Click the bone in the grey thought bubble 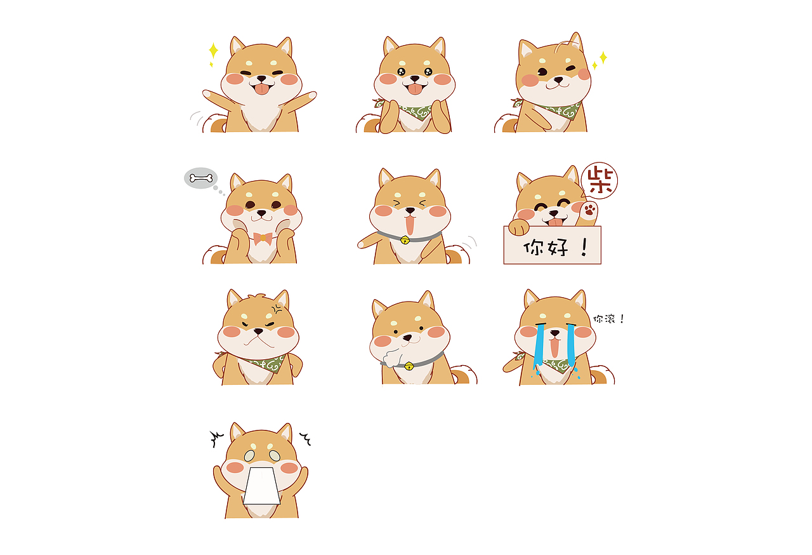(201, 178)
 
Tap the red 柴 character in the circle (600, 180)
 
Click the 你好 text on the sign (546, 248)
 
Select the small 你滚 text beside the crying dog (604, 319)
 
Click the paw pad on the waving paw (590, 210)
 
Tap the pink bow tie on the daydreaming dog (263, 238)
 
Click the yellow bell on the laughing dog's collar (405, 239)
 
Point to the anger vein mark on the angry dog (277, 309)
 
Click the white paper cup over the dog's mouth (261, 486)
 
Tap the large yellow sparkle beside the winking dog (603, 57)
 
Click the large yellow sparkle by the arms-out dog (214, 50)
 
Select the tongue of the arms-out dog (262, 88)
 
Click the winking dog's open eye (542, 72)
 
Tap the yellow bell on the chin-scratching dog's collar (409, 366)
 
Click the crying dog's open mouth (554, 347)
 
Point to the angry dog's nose (258, 331)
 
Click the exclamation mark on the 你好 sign (584, 248)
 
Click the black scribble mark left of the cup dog (217, 438)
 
